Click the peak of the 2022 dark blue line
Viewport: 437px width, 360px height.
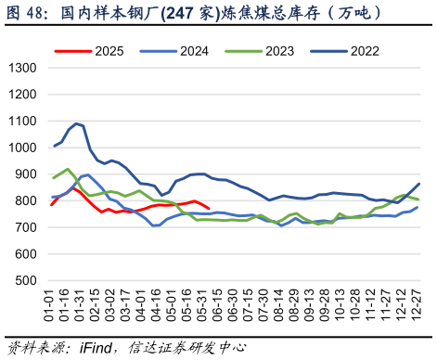tap(76, 122)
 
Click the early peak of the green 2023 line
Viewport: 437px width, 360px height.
tap(68, 169)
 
